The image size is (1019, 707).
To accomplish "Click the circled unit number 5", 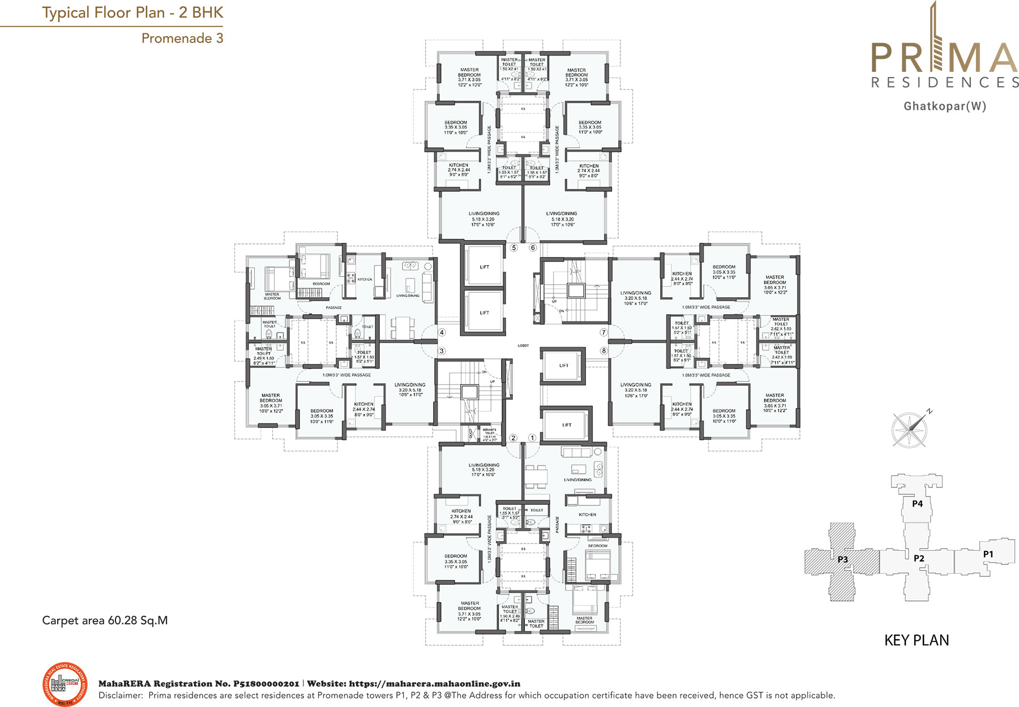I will click(x=514, y=248).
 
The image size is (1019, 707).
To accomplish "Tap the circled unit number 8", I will click(x=603, y=351).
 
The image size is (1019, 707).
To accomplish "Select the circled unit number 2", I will click(x=513, y=438).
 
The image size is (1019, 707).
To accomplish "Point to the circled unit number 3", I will click(x=442, y=351).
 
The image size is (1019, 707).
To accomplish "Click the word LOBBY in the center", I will click(x=523, y=345).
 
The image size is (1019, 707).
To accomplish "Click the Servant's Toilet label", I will click(x=489, y=434).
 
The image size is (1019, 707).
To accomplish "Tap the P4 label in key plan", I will click(x=917, y=503).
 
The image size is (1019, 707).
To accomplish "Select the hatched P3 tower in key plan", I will click(x=843, y=560).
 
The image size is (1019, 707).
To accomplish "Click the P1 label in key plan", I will click(x=988, y=554).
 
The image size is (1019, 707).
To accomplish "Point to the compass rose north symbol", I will click(x=910, y=429).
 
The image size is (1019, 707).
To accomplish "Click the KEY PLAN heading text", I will click(x=917, y=640).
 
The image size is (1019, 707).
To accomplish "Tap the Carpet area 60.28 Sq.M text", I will click(x=105, y=620).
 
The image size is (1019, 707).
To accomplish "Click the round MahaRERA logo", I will click(x=65, y=684).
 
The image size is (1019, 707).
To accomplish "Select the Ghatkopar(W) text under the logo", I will click(x=945, y=106).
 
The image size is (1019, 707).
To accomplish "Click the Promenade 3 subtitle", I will click(x=182, y=38).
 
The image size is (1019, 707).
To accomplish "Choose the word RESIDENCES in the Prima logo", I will click(x=945, y=83).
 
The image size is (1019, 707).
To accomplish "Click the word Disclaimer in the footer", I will click(x=119, y=696).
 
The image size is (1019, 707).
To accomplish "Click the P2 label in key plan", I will click(x=919, y=558).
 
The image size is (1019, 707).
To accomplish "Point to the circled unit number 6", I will click(x=533, y=248).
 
